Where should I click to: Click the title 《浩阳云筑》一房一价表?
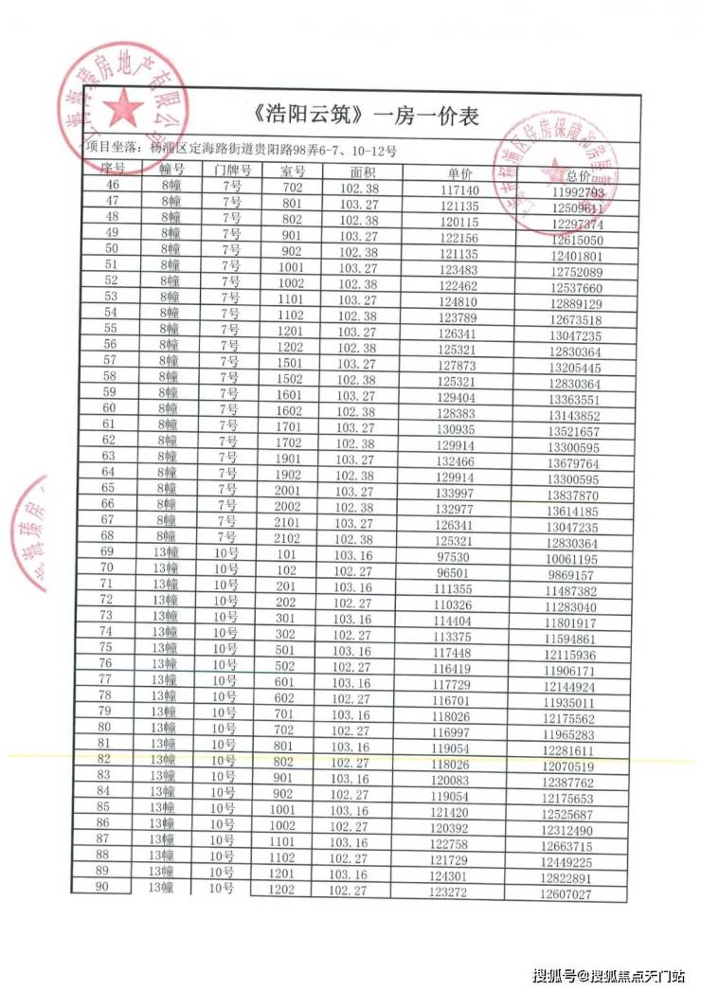pos(368,117)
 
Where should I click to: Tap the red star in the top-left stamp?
pos(122,109)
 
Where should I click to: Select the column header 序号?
pos(113,169)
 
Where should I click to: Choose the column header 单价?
pos(459,174)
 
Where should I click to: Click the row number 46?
pos(113,185)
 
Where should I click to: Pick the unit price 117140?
pos(459,190)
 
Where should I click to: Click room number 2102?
pos(291,539)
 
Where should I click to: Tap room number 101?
pos(288,555)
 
